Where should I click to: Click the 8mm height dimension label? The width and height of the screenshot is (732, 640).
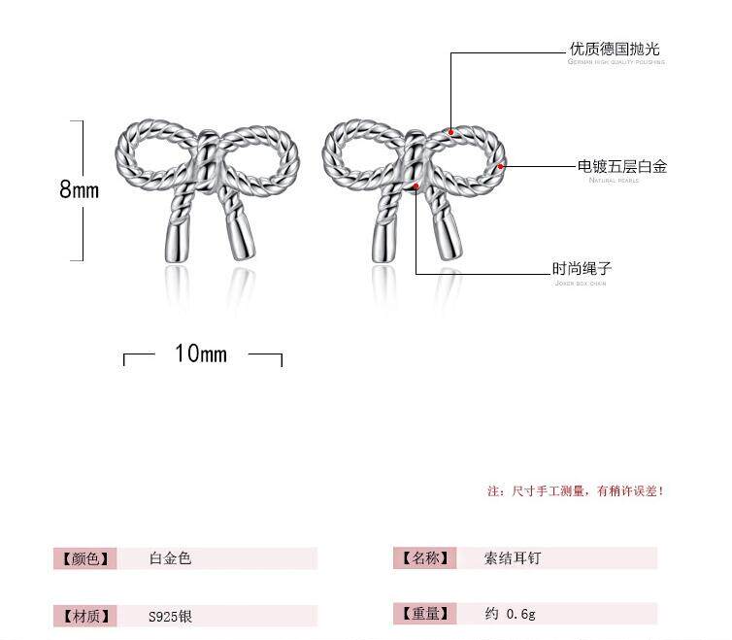point(80,189)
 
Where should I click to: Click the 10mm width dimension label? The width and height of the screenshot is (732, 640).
point(201,354)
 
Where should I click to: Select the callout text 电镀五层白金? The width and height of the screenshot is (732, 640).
point(622,167)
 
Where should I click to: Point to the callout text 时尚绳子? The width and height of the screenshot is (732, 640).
point(582,269)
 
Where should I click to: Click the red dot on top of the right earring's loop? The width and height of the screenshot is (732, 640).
point(450,131)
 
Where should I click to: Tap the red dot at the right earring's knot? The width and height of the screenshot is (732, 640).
point(416,185)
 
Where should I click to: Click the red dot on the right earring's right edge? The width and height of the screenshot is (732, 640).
point(501,166)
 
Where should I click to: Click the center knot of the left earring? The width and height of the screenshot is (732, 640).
point(206,165)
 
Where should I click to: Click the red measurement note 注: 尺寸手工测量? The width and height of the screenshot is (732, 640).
point(575,491)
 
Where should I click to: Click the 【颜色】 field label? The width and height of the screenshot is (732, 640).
point(85,558)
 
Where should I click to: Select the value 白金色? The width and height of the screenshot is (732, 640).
point(170,558)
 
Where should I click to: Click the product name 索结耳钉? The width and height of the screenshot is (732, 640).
point(512,558)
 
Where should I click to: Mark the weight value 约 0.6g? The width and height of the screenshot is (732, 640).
point(510,614)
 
